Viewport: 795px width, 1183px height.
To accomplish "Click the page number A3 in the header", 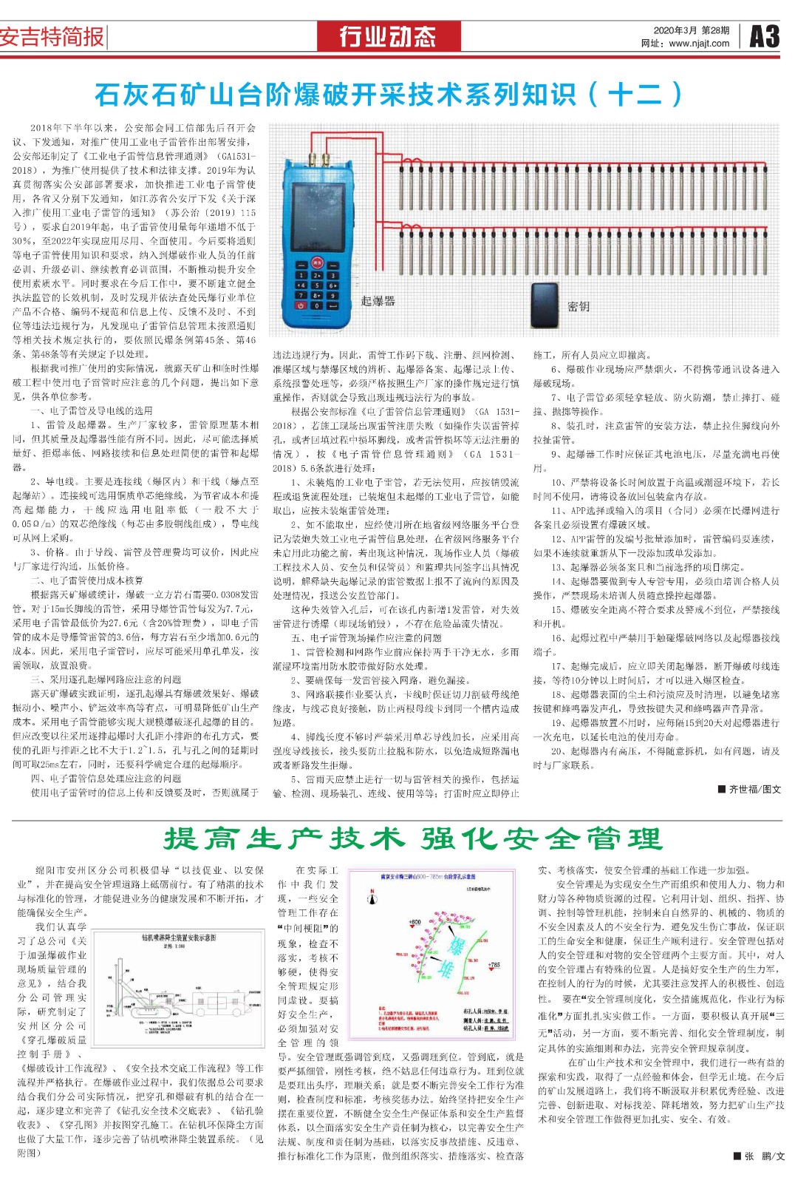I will tap(764, 35).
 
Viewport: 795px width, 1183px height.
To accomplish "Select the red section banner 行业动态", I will tap(387, 36).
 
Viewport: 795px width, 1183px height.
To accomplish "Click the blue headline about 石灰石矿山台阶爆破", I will tap(389, 95).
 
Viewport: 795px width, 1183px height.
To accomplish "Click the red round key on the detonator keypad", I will tap(317, 262).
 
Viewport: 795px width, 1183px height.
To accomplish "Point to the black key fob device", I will tap(545, 305).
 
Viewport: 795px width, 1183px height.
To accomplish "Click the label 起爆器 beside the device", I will tap(378, 301).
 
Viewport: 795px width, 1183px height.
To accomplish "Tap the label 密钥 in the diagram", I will tap(579, 306).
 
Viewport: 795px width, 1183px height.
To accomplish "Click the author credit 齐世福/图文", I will tap(749, 789).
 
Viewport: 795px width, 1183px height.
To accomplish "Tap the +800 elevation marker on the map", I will tap(414, 922).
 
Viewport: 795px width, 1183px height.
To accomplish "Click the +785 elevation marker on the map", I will tap(494, 964).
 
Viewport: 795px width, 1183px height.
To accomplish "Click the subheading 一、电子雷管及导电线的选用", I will tap(92, 410).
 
